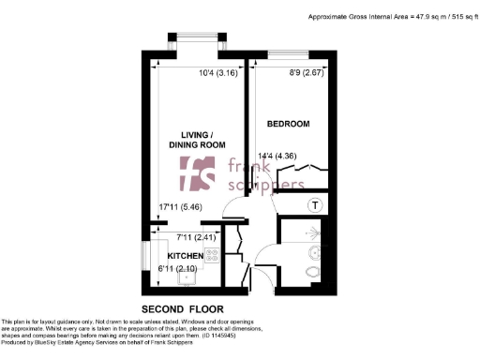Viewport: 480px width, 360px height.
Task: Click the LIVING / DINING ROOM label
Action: (194, 140)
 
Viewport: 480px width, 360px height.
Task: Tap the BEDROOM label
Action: (288, 124)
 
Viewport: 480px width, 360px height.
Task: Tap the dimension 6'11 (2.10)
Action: (174, 271)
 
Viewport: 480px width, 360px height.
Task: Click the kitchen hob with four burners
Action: (212, 255)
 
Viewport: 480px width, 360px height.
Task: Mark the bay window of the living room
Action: (198, 43)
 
